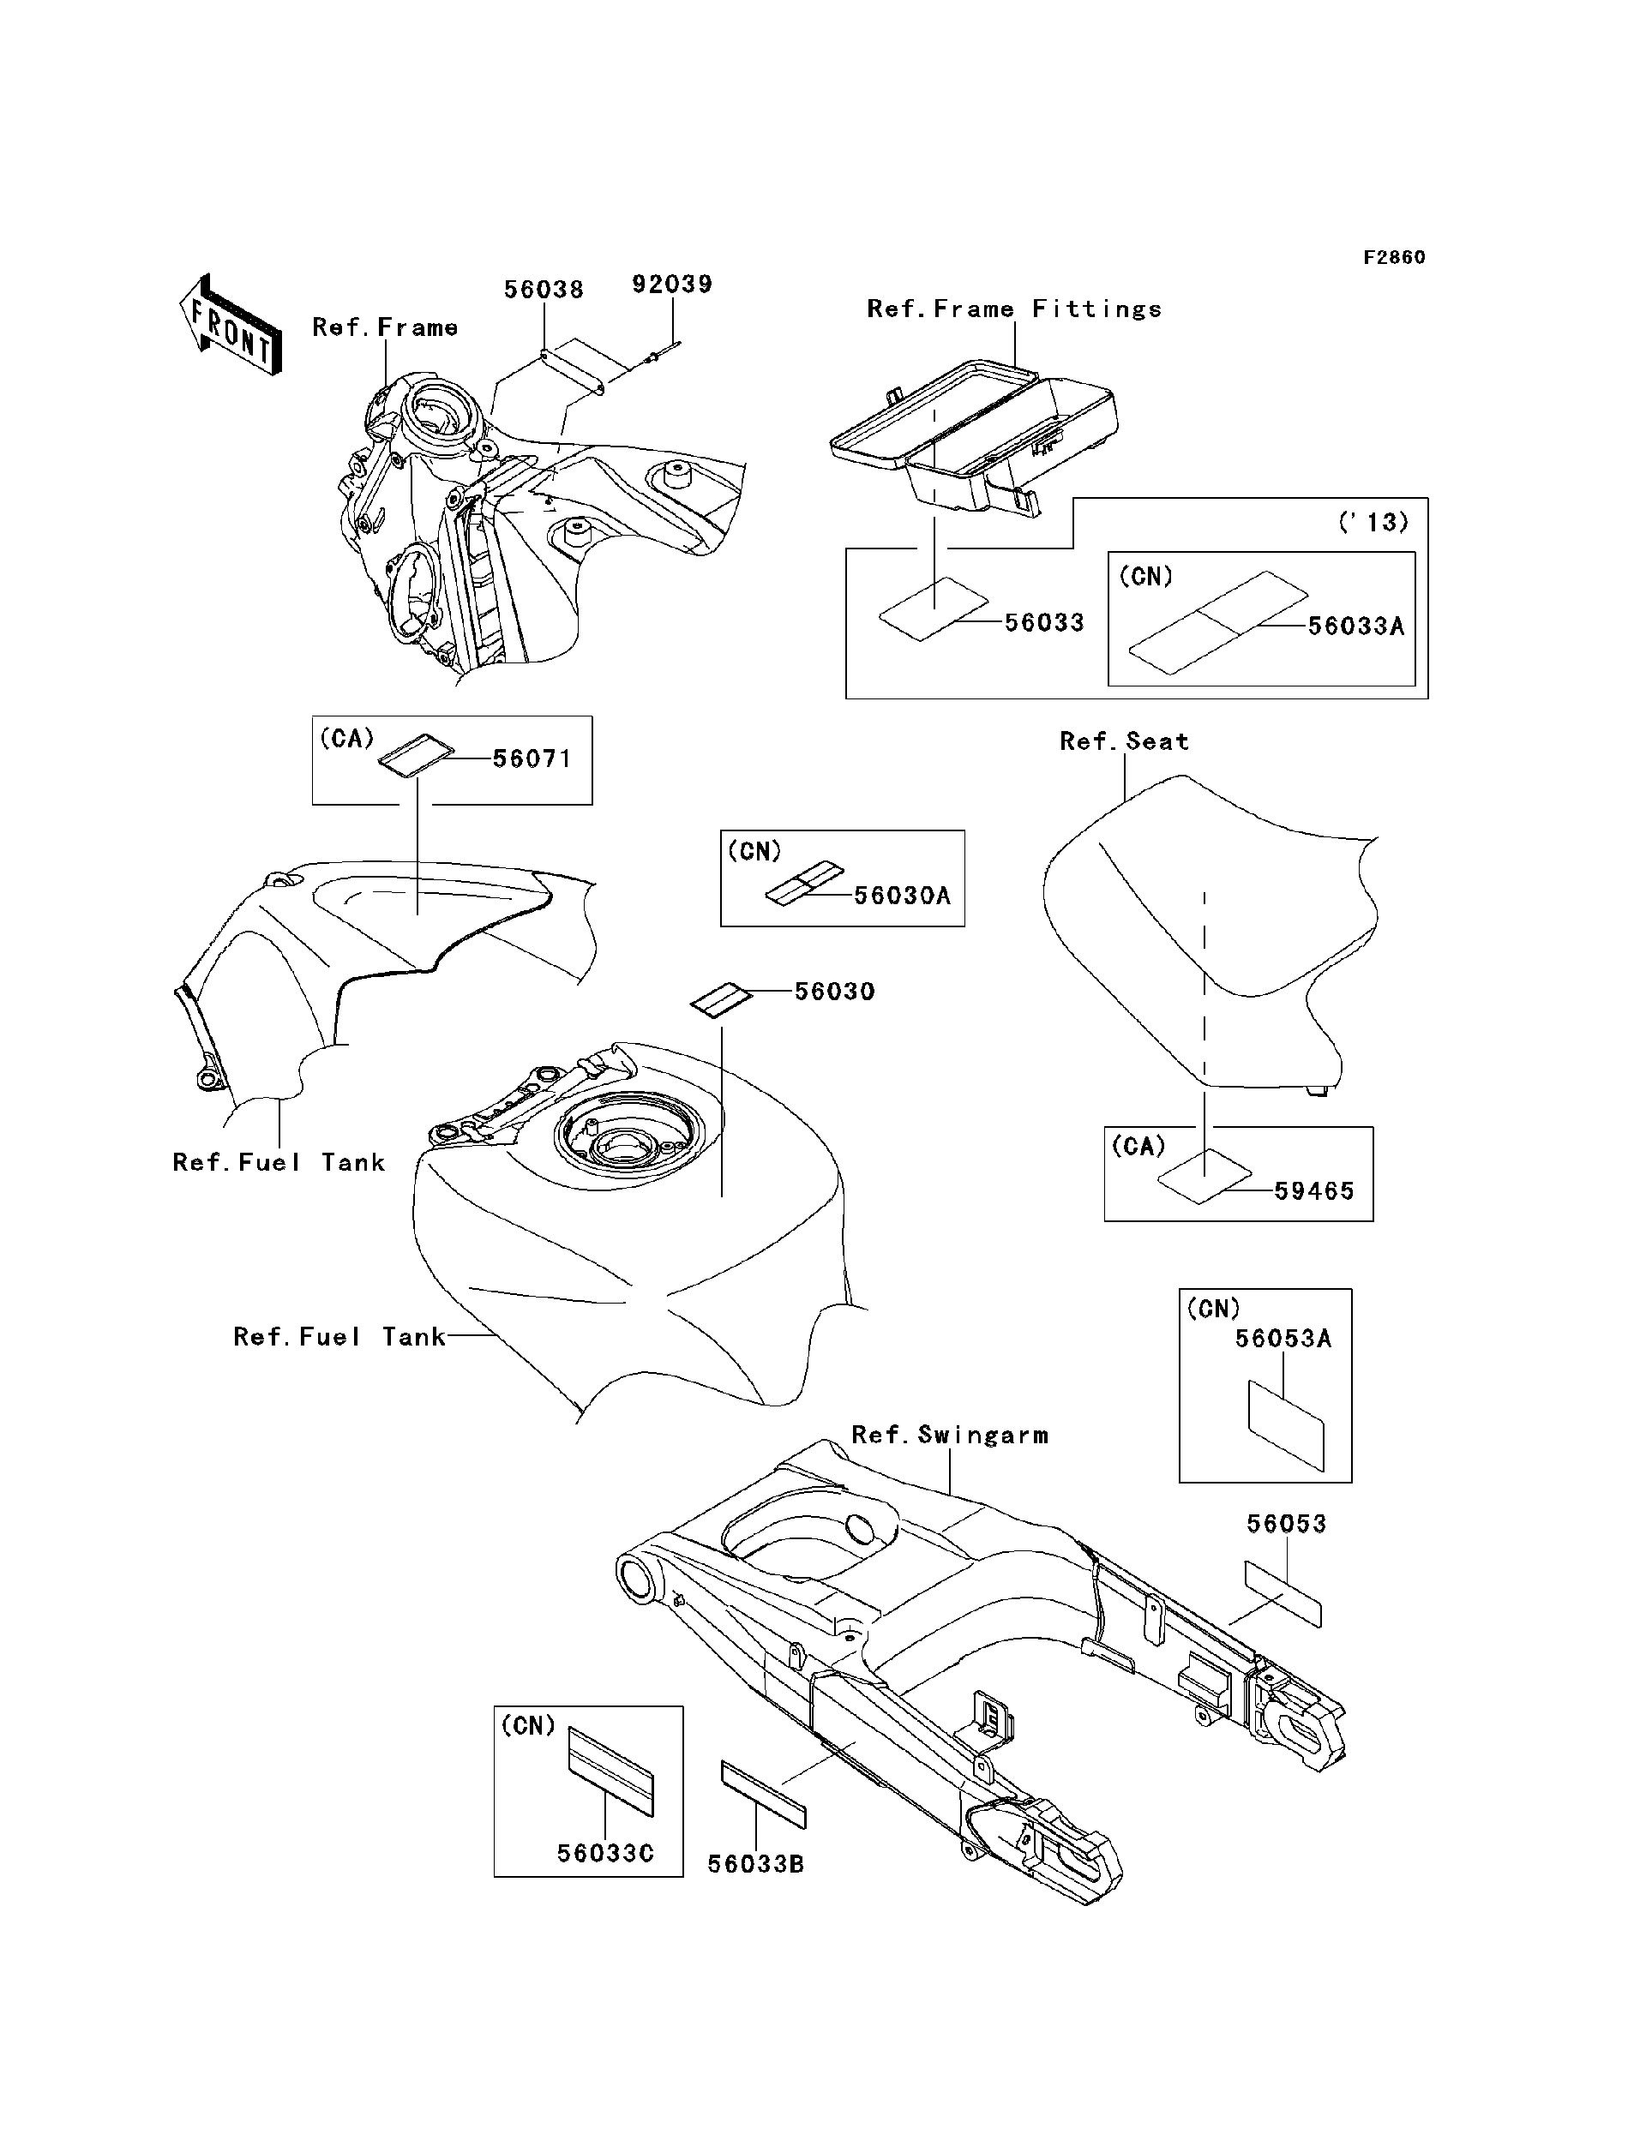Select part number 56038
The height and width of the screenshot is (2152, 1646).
[544, 290]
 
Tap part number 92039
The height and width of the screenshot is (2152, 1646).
[672, 284]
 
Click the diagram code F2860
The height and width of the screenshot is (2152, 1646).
[1394, 258]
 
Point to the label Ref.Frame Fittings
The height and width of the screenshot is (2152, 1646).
[1014, 309]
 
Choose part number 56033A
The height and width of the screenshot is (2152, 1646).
[1356, 626]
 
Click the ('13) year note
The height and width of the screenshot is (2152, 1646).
[1373, 522]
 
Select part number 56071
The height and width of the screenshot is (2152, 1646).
[532, 758]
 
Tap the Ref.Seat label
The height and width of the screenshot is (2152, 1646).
[1124, 741]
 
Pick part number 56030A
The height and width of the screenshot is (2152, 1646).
[903, 896]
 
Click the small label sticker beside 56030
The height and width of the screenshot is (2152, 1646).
[721, 1000]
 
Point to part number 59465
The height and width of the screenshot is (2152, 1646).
[1314, 1191]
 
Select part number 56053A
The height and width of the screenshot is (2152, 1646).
[1283, 1339]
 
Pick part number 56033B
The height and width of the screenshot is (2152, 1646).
[755, 1864]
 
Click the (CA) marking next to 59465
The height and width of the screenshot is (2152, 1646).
[1138, 1146]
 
